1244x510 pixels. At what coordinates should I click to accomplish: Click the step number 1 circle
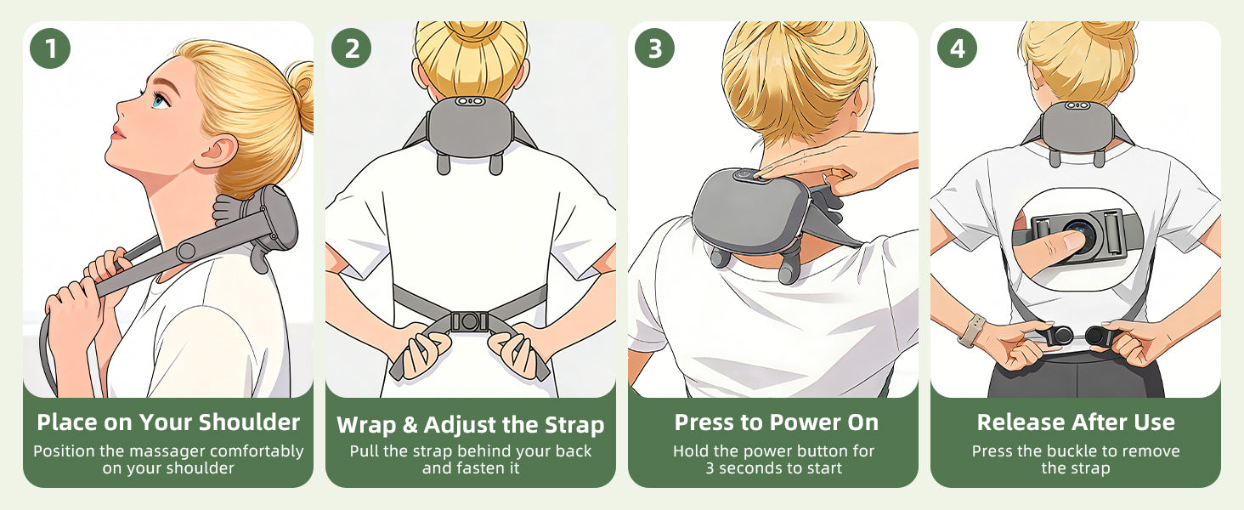[50, 48]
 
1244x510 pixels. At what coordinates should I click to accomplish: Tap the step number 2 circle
[352, 48]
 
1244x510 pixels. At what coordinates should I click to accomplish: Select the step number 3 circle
[655, 48]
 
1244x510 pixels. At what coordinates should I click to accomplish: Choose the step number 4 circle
[958, 48]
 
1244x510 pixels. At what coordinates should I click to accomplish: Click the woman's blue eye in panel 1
[160, 100]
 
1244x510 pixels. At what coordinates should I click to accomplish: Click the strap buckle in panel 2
[469, 321]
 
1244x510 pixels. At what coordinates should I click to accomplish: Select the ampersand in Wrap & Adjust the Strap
[410, 425]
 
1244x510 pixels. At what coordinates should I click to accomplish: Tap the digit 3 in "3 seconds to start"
[710, 468]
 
